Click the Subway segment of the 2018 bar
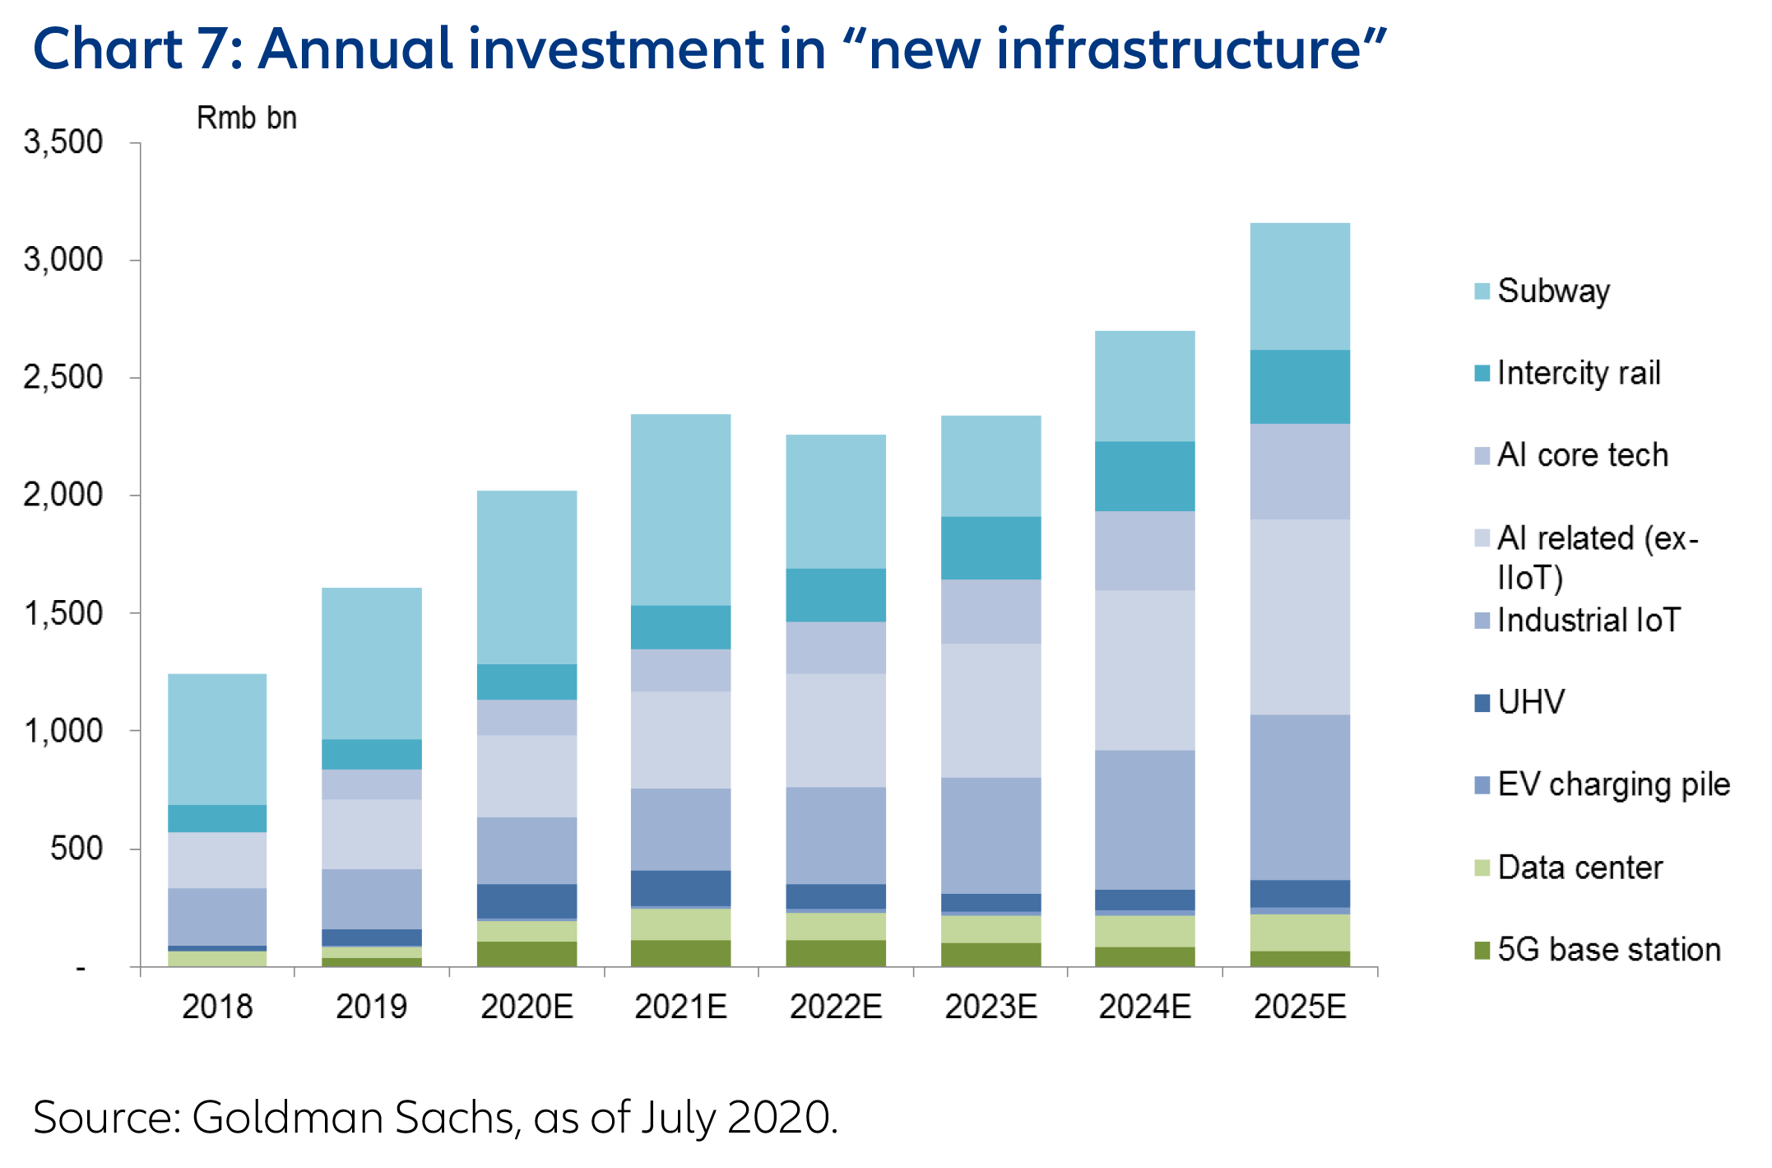point(217,738)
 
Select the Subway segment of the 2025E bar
point(1300,286)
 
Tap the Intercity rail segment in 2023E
point(990,547)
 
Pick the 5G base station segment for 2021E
point(680,952)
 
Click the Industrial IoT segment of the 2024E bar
point(1144,819)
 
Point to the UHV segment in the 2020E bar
point(526,900)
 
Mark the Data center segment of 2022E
point(836,926)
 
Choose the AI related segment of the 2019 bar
point(372,834)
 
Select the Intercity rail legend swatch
point(1482,374)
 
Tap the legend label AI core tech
point(1583,455)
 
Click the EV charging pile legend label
point(1613,784)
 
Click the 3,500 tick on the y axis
point(63,142)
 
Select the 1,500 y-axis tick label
point(63,613)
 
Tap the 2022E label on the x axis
point(836,1007)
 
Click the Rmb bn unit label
point(246,119)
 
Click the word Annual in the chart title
point(355,49)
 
